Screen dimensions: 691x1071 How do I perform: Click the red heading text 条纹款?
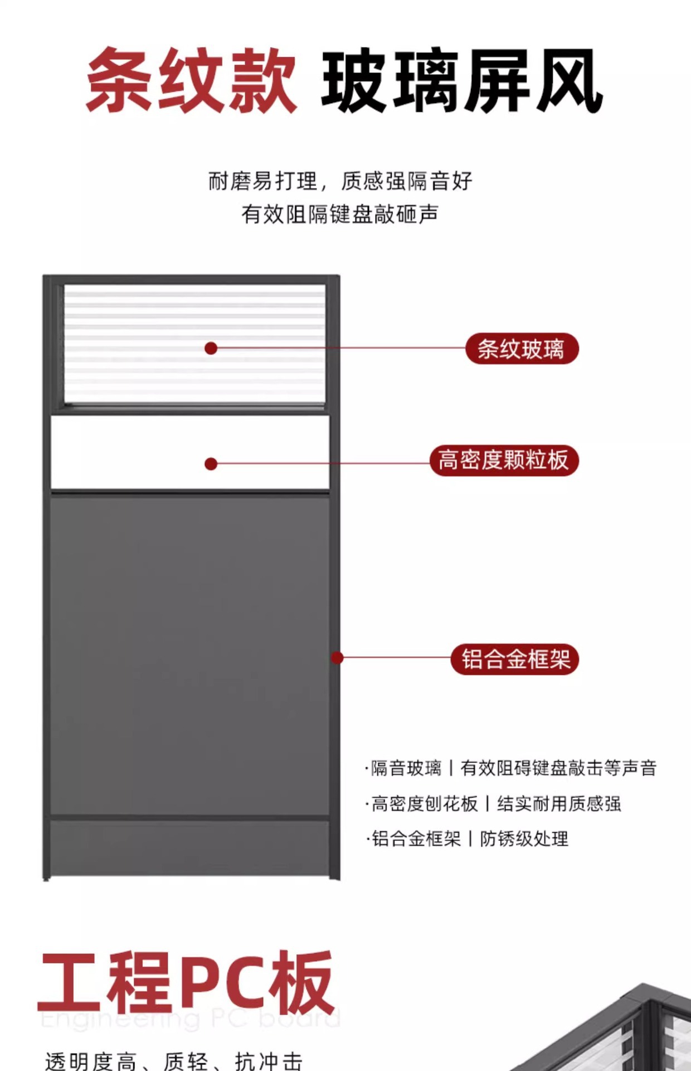coord(191,81)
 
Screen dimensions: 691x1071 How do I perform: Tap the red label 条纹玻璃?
coord(522,349)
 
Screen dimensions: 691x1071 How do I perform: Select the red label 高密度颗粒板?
coord(504,461)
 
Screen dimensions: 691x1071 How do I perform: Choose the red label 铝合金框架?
coord(515,659)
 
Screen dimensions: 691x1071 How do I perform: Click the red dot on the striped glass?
coord(211,349)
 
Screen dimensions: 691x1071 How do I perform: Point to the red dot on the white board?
coord(211,464)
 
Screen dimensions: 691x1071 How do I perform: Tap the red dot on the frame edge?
coord(337,658)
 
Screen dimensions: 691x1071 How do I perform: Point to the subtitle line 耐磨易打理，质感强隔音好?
coord(340,181)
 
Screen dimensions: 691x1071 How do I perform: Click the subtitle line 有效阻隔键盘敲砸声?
coord(340,214)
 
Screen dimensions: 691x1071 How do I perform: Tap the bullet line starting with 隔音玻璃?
coord(510,768)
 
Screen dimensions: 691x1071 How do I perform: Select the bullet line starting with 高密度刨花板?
coord(493,804)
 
